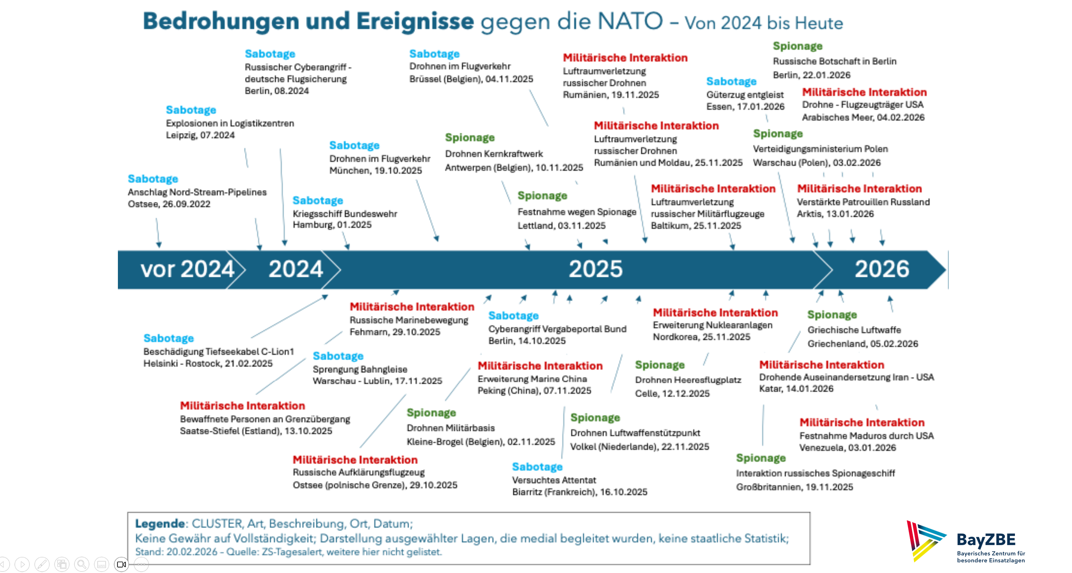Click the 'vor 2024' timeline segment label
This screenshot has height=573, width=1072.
pos(187,269)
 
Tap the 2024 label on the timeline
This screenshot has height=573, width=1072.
pos(296,269)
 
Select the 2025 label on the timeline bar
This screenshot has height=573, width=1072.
pos(595,269)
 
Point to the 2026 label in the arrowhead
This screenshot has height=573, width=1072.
pos(882,269)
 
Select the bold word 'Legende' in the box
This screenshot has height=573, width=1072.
pos(160,524)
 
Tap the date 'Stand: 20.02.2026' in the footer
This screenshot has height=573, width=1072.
pos(176,552)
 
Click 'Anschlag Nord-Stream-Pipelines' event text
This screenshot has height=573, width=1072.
pos(197,192)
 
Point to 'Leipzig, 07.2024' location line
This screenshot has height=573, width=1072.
pos(200,135)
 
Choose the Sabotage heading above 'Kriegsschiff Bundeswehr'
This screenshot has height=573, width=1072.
pos(318,200)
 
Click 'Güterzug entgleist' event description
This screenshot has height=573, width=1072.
pos(745,95)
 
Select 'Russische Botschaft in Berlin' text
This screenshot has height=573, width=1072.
pos(835,61)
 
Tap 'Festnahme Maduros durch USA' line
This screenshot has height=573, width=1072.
pos(867,436)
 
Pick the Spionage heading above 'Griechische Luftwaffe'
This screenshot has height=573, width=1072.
pos(832,315)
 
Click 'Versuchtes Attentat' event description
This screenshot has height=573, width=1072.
pos(554,480)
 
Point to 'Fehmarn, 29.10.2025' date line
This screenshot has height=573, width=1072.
pos(395,332)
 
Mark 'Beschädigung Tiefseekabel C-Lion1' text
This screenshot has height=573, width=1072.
pos(218,352)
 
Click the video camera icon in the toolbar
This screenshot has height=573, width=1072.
pos(121,564)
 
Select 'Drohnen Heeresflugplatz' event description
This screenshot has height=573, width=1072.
pos(688,380)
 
